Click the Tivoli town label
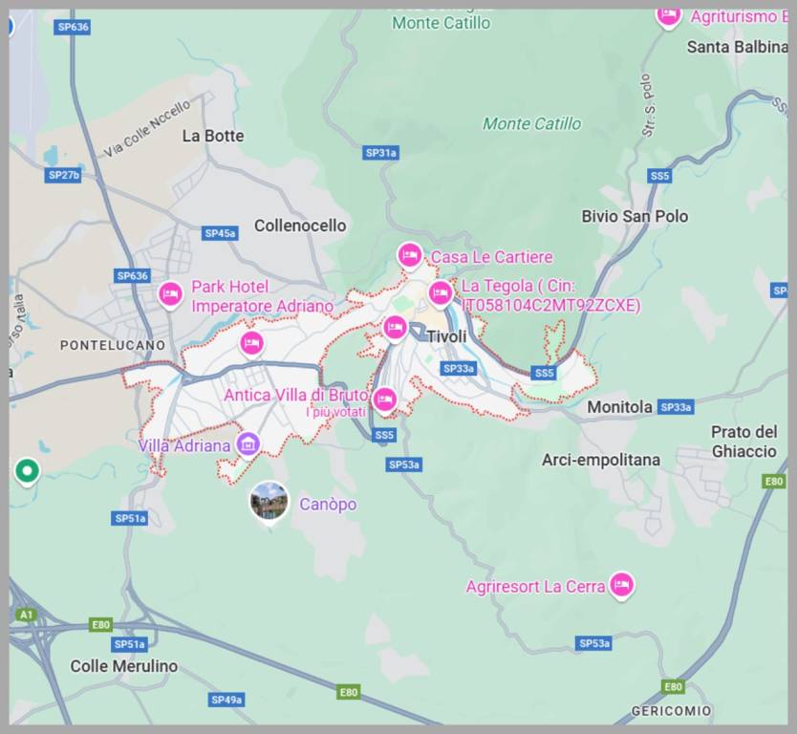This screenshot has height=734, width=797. [446, 336]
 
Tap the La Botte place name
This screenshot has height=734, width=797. [213, 136]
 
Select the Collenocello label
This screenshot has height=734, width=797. [300, 226]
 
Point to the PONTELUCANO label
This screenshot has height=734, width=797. [113, 345]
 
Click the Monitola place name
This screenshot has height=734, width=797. [619, 407]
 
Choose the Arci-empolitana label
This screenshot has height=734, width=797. [600, 460]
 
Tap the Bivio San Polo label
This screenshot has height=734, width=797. [635, 216]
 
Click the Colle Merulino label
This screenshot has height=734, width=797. [124, 666]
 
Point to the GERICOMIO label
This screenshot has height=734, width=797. [671, 711]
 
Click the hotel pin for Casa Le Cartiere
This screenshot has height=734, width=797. [410, 256]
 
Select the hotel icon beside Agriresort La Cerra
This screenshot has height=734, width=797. [622, 586]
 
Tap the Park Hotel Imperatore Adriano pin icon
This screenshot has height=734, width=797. [171, 294]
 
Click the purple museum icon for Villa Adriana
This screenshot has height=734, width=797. [248, 444]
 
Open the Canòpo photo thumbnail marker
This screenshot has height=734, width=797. [269, 501]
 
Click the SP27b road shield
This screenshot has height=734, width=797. [64, 175]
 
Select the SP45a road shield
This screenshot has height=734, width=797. [220, 233]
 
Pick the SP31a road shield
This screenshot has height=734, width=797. [381, 153]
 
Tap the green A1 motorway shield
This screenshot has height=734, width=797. [26, 615]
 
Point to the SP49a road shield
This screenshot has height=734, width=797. [226, 700]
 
